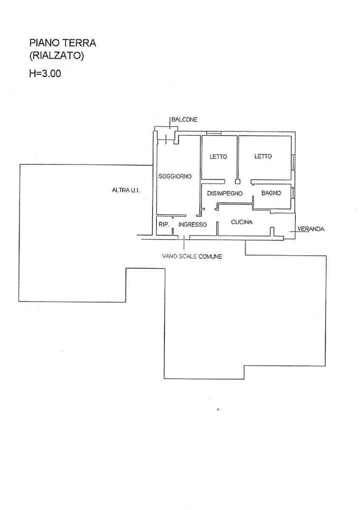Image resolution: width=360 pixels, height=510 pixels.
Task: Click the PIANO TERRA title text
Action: click(x=63, y=43)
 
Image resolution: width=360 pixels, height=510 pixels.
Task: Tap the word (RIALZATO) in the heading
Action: click(x=57, y=55)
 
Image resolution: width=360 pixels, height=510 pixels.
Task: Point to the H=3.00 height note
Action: click(x=45, y=73)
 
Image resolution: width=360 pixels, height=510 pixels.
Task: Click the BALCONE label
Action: click(x=184, y=120)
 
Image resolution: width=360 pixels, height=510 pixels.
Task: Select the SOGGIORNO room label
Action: click(x=175, y=176)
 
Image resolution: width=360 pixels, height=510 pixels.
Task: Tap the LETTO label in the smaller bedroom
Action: click(x=218, y=156)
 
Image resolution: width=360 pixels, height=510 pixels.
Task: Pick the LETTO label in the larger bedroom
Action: click(x=263, y=156)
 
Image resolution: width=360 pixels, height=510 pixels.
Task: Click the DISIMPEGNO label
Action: click(x=224, y=193)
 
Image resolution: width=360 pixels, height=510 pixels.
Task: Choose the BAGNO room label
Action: click(x=271, y=193)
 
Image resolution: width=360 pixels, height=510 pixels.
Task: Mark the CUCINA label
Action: click(x=242, y=222)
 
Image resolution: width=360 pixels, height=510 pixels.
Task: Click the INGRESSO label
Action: click(x=193, y=224)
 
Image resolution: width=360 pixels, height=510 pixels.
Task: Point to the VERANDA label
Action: click(x=311, y=229)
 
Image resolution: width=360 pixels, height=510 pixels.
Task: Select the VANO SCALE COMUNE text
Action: click(x=192, y=256)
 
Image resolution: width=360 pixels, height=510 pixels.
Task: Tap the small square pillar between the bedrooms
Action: click(x=238, y=181)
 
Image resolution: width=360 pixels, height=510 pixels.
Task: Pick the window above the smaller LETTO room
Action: click(x=213, y=134)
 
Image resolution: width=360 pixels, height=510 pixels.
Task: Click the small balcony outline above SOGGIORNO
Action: click(x=165, y=133)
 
